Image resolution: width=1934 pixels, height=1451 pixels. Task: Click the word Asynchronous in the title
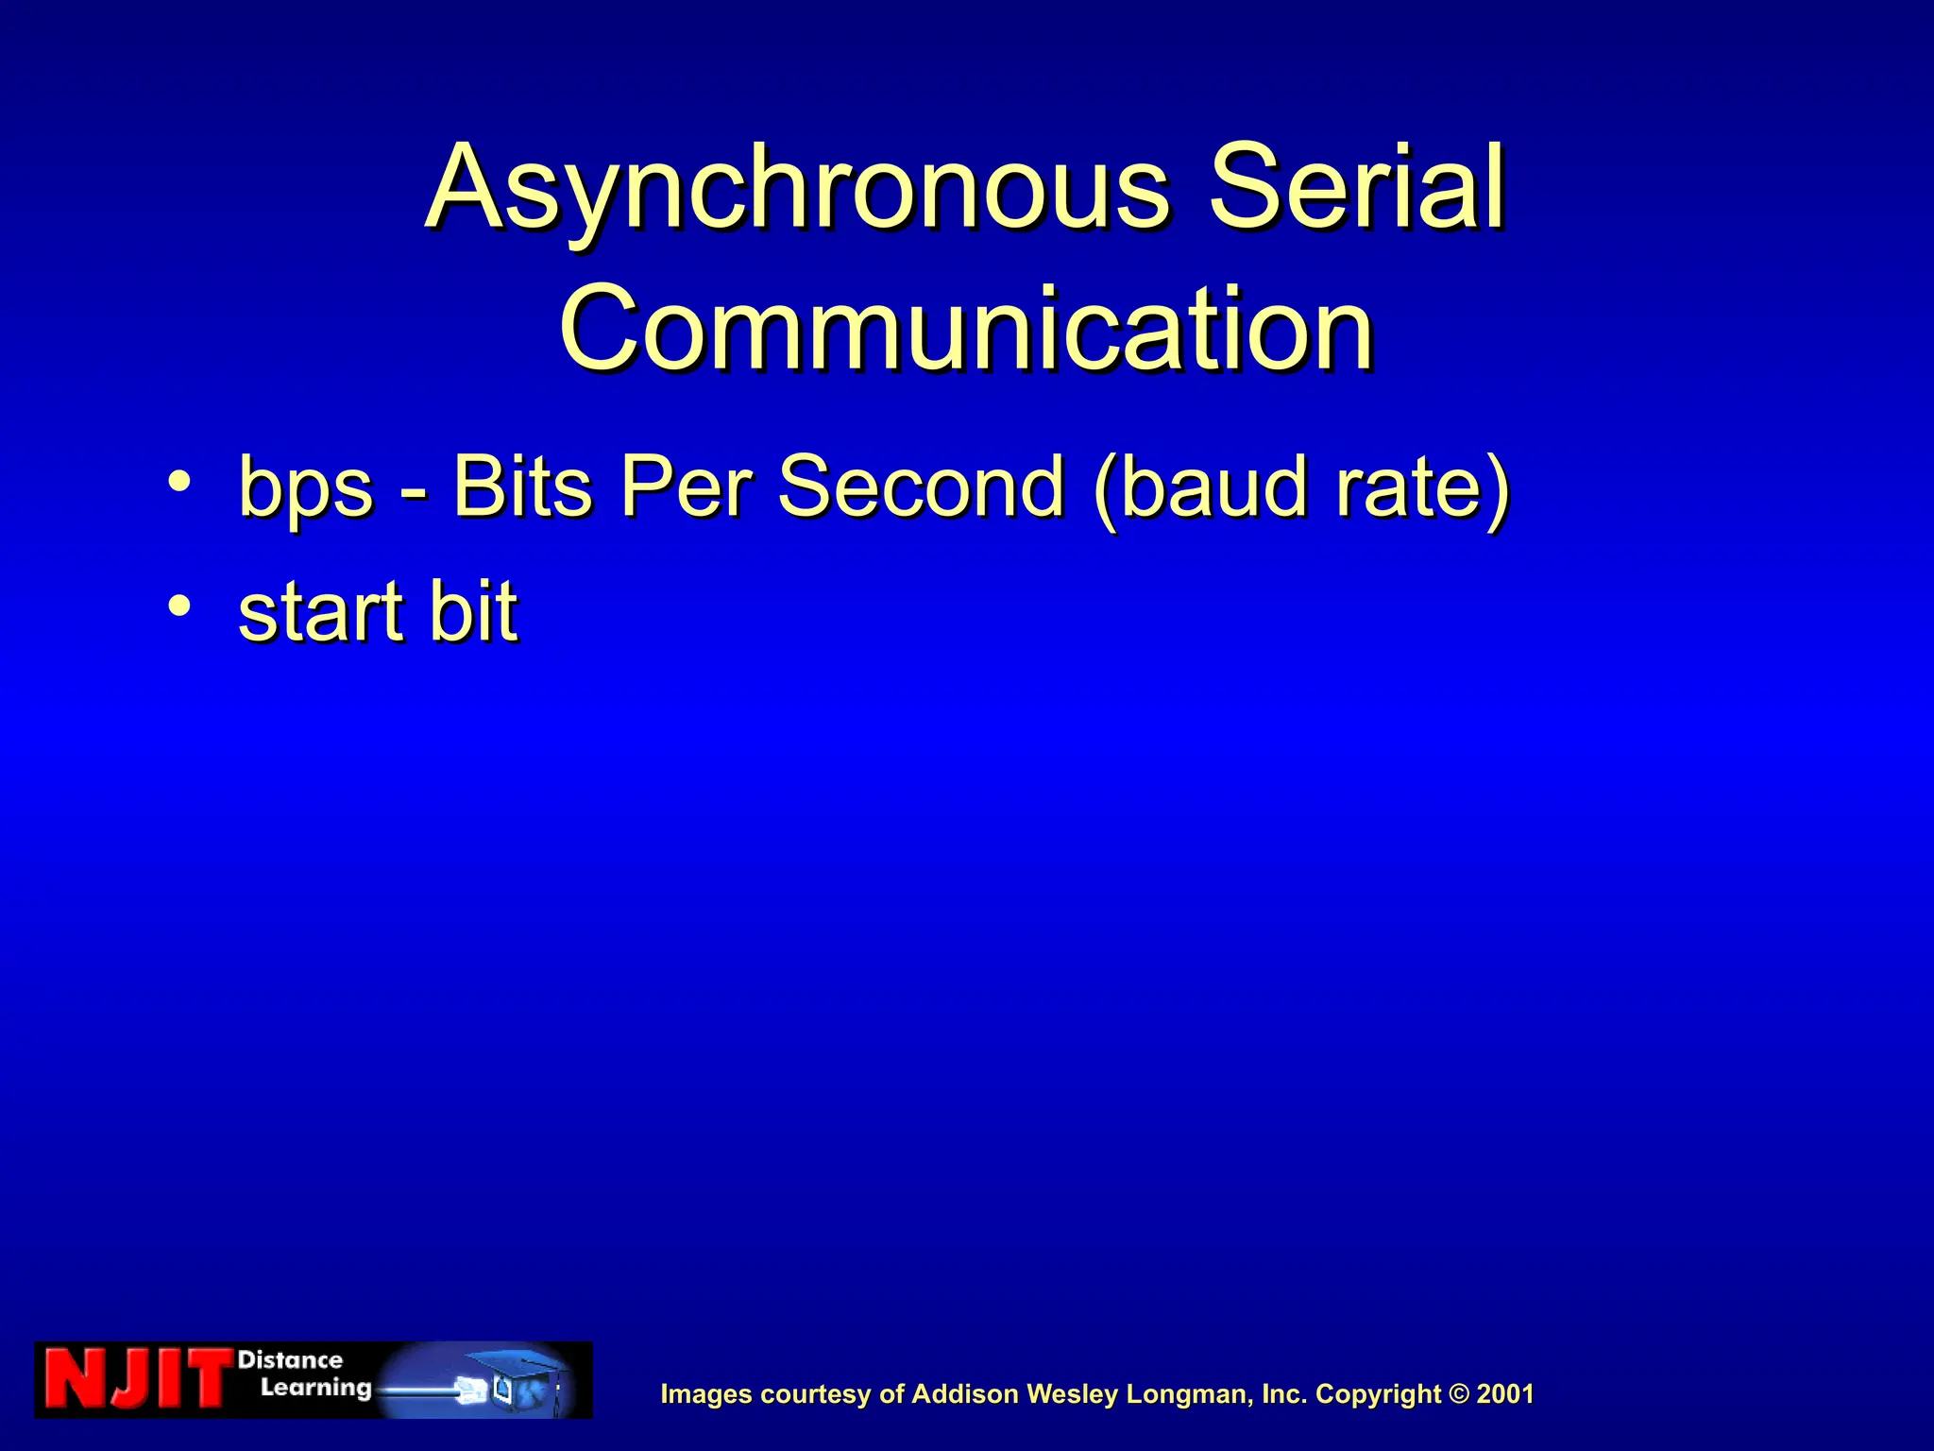(797, 189)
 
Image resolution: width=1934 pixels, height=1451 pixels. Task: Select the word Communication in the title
(966, 329)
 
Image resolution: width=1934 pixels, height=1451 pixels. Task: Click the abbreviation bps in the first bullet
(306, 487)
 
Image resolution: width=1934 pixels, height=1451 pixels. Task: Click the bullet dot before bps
(178, 482)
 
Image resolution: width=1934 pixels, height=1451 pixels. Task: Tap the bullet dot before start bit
(178, 606)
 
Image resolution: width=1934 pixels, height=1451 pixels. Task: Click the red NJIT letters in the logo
(137, 1380)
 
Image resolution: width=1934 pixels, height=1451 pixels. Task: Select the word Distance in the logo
(290, 1360)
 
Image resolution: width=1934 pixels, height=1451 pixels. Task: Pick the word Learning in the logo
(315, 1388)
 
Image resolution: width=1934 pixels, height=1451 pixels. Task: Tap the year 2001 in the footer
(1505, 1394)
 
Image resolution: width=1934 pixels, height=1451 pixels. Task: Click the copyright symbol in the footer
(1459, 1394)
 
